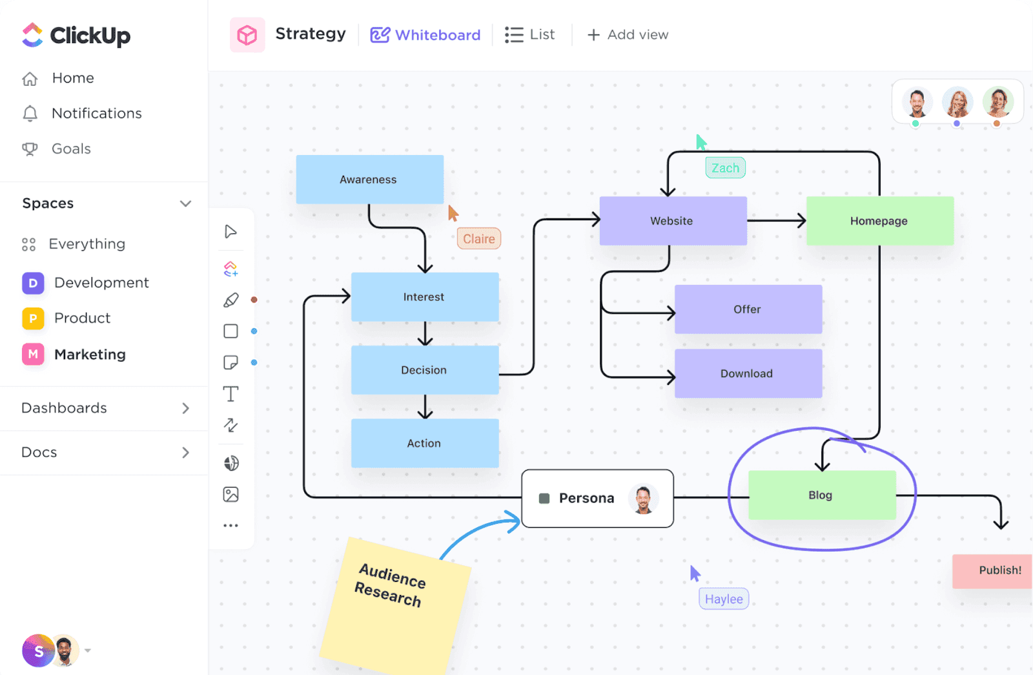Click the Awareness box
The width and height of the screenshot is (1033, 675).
click(369, 180)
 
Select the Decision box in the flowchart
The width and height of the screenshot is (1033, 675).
click(424, 370)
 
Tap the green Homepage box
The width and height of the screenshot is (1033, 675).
click(879, 221)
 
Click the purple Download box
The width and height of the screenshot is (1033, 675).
click(748, 373)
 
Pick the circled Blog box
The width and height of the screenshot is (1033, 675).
click(821, 495)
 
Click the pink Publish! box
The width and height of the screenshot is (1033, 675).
click(994, 570)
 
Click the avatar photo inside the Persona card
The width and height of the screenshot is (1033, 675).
click(643, 499)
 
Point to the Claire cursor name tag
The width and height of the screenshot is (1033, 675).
click(479, 239)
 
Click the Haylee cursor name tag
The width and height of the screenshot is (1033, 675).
click(724, 599)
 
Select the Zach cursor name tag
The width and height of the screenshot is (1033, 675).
click(726, 168)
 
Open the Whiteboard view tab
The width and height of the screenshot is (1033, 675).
click(425, 35)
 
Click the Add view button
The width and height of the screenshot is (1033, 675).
click(628, 35)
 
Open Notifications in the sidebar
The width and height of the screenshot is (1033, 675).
click(96, 114)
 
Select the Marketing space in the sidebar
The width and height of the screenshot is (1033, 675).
click(90, 355)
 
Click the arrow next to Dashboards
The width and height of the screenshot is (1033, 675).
click(185, 408)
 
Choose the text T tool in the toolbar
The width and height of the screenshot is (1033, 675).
click(230, 394)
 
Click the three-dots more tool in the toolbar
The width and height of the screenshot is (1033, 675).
click(230, 526)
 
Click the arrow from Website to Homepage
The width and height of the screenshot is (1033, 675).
click(776, 221)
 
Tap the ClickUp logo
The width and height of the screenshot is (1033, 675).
click(76, 36)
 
